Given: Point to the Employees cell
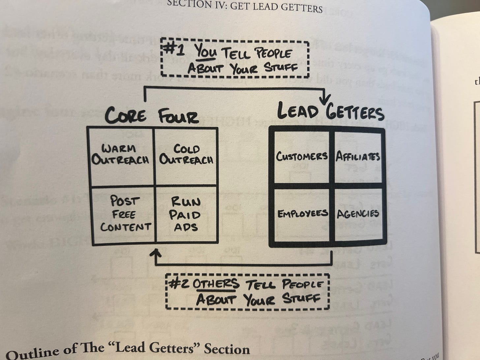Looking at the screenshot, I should click(302, 214).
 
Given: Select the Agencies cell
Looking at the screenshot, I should click(358, 214).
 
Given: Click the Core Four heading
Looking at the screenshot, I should click(152, 116).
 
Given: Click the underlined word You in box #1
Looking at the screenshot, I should click(205, 52).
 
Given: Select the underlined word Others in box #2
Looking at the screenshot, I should click(216, 284).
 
